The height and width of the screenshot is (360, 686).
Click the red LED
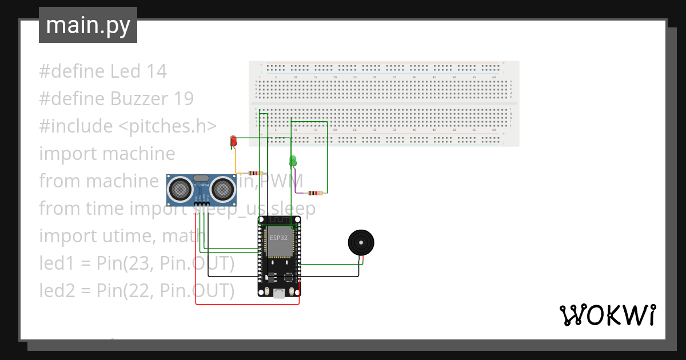point(233,141)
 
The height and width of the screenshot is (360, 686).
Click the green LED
point(293,161)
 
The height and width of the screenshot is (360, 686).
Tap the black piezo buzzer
point(362,243)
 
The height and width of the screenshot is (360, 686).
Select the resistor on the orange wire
point(255,173)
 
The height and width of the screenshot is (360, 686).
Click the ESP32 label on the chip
point(278,237)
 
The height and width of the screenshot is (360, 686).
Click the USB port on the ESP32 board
point(279,294)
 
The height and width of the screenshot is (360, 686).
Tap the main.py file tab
point(88,25)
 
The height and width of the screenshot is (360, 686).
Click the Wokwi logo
point(607,315)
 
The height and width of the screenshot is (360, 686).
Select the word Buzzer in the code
point(137,99)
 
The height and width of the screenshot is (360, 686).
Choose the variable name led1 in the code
point(57,263)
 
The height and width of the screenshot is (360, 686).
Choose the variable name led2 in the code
point(57,291)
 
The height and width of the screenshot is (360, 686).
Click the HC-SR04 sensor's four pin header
point(202,203)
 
